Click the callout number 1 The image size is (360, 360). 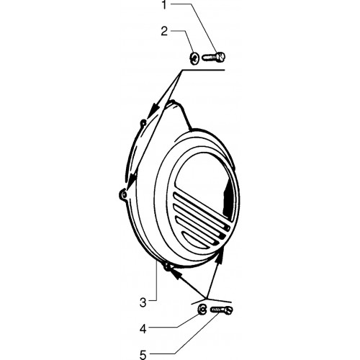pos(164,5)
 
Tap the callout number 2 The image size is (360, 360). pos(164,32)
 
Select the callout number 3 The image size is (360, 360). pos(143,302)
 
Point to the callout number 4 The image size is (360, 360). pos(143,329)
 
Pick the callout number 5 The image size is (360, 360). pos(143,355)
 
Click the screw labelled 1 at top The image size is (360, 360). pos(214,57)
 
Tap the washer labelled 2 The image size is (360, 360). pos(194,58)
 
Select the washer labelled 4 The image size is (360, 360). pos(202,310)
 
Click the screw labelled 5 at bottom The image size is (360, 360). pos(221,310)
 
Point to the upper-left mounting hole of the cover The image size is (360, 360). pos(143,123)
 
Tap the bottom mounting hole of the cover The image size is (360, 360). pos(167,266)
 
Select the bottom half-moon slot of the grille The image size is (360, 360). pos(195,240)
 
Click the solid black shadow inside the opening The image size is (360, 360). pos(228,199)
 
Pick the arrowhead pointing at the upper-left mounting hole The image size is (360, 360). pos(153,111)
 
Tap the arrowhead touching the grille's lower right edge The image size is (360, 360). pos(221,254)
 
